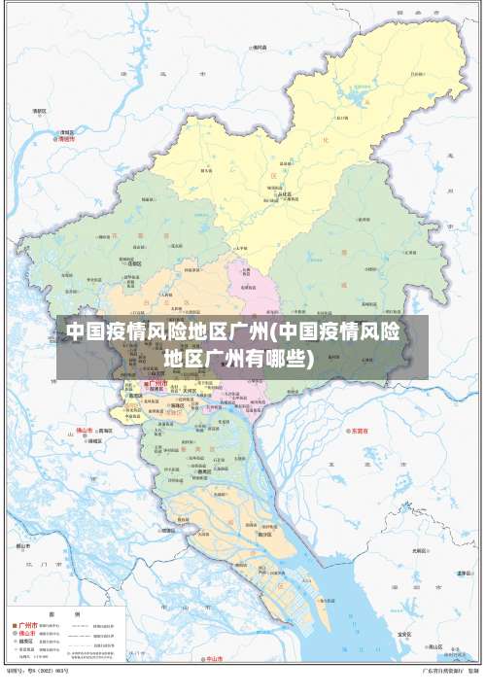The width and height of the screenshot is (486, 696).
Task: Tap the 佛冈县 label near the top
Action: [259, 46]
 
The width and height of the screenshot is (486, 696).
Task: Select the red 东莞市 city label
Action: [360, 429]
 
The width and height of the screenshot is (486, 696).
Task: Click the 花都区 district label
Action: [136, 262]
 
